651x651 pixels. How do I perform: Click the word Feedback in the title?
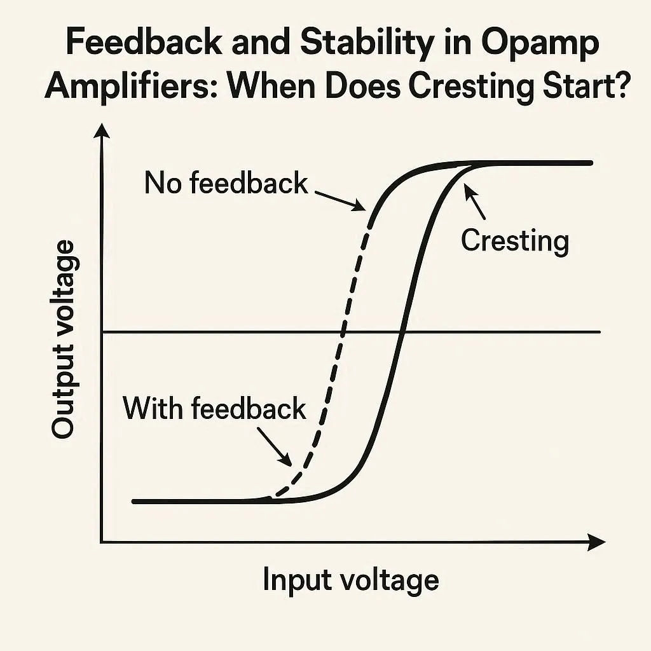[x=147, y=44]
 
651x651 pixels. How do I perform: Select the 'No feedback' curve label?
[x=226, y=183]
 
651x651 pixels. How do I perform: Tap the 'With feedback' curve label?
[x=215, y=408]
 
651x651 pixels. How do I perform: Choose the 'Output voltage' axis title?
[x=63, y=340]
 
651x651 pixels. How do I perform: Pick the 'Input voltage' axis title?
[x=350, y=580]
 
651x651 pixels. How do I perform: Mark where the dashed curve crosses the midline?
[x=343, y=332]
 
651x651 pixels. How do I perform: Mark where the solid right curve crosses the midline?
[x=401, y=332]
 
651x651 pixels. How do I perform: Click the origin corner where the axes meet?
[x=102, y=542]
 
